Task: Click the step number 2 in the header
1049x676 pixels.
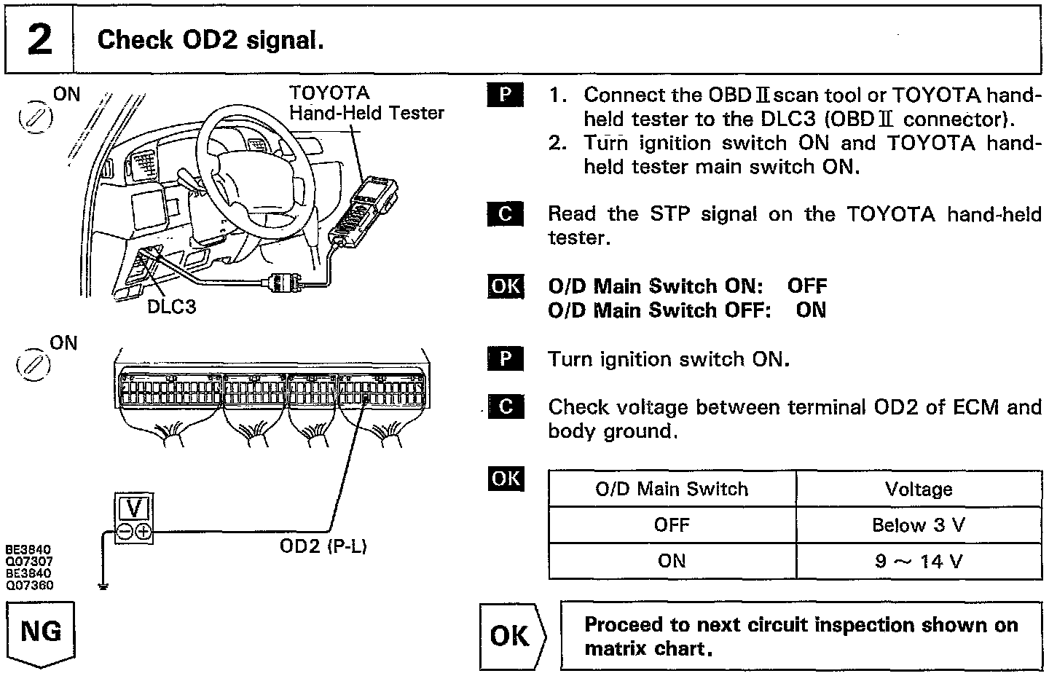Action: tap(39, 39)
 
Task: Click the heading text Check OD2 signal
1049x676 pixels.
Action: tap(210, 39)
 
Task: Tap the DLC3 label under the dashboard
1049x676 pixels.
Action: tap(172, 307)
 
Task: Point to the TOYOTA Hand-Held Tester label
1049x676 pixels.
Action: tap(366, 103)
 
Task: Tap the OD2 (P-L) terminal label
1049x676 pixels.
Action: tap(323, 546)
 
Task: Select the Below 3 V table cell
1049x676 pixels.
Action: tap(918, 525)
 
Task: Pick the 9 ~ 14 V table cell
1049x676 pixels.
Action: tap(918, 561)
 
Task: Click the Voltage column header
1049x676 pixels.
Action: tap(918, 489)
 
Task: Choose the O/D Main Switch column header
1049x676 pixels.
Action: tap(672, 489)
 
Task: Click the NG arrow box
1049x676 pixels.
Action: tap(41, 632)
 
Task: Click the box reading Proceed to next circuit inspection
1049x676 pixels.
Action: tap(800, 636)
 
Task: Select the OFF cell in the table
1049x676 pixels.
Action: tap(672, 525)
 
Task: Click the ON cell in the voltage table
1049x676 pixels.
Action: tap(672, 561)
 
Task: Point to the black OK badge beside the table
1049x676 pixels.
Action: tap(506, 479)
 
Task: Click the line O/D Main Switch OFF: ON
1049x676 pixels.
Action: tap(687, 310)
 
